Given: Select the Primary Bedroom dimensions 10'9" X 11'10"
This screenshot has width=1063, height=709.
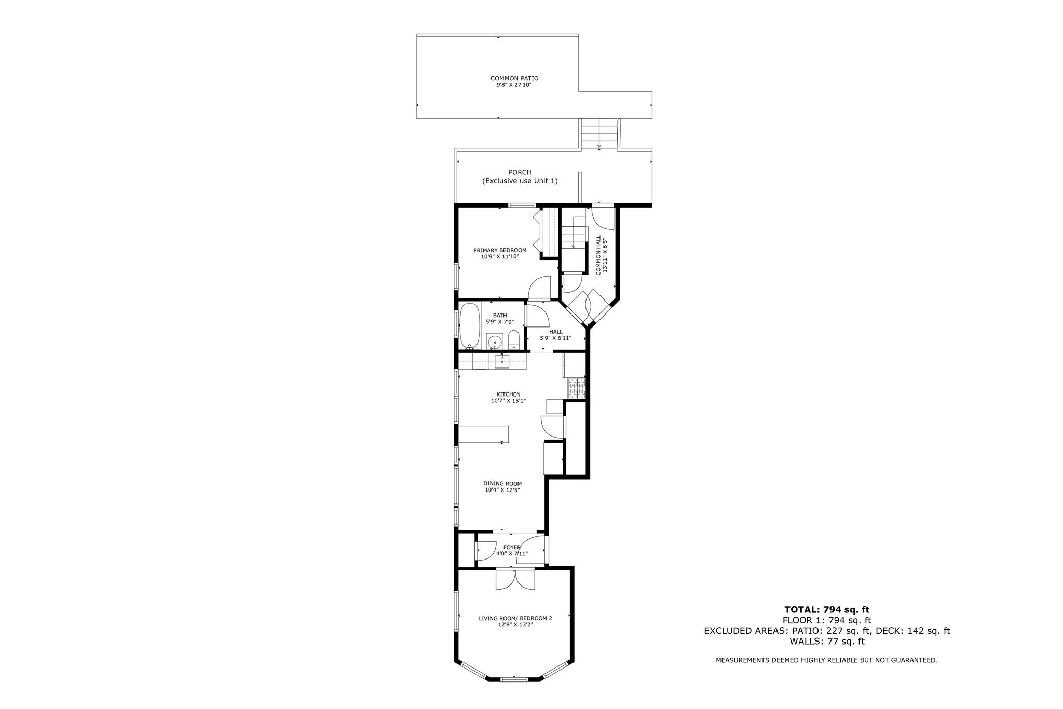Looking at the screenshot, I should coord(499,256).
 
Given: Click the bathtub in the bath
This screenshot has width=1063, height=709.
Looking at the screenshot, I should coord(470,325).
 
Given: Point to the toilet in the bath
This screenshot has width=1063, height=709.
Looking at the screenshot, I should coord(513,340).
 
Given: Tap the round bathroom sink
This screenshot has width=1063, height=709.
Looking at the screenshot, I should coord(495,342).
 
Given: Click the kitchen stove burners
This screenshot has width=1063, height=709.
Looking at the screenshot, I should coord(576,388).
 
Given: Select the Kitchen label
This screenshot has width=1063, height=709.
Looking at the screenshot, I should coord(508,394).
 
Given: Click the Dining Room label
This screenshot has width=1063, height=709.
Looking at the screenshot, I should coord(502,484).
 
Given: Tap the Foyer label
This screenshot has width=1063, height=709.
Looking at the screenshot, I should coord(512,547).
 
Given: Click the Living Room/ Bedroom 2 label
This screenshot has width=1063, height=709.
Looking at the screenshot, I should coord(515,618).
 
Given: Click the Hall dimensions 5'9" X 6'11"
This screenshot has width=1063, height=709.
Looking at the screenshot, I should coord(555,338).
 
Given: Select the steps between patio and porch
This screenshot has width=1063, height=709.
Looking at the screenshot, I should coord(599,134).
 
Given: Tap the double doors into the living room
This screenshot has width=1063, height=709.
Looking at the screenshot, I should coord(515,579).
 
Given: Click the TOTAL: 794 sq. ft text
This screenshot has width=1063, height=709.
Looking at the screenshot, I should coord(826,609).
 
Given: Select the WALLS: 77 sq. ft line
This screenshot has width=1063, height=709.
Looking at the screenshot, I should coord(827,641).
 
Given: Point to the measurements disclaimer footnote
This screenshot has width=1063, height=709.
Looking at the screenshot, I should coord(826,660).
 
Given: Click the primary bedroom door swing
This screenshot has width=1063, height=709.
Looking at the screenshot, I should coord(540,288).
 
